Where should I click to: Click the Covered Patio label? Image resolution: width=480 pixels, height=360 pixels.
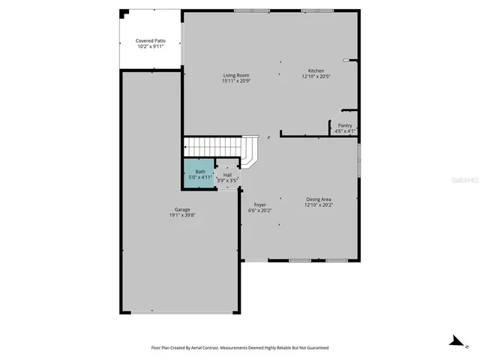click(x=151, y=40)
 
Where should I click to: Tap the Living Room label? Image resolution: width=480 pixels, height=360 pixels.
click(x=235, y=75)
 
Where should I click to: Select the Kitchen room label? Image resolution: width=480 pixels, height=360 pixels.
click(x=316, y=70)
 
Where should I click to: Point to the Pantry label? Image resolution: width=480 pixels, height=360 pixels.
click(x=345, y=125)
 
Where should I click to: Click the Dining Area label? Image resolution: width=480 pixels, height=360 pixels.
click(x=319, y=199)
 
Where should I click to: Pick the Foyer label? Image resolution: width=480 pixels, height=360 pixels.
click(x=259, y=205)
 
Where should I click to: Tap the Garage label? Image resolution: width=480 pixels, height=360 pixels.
click(x=182, y=209)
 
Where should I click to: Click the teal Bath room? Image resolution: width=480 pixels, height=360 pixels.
click(x=199, y=175)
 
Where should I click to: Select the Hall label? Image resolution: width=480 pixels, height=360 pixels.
click(x=226, y=175)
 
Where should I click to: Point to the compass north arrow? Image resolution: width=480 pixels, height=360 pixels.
click(x=454, y=341)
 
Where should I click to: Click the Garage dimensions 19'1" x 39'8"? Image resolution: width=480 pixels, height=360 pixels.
click(x=182, y=215)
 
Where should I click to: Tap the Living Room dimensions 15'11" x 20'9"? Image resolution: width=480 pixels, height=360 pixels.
click(x=235, y=81)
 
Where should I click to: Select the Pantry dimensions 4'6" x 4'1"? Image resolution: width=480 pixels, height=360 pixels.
click(x=345, y=131)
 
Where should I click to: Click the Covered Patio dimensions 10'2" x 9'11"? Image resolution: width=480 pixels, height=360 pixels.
click(x=151, y=46)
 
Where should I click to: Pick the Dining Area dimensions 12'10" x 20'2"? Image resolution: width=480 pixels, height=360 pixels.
click(x=319, y=205)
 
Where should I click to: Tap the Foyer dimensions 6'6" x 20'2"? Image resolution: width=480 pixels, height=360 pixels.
click(x=259, y=211)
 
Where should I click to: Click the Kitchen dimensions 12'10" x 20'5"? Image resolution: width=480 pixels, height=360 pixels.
click(x=316, y=76)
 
